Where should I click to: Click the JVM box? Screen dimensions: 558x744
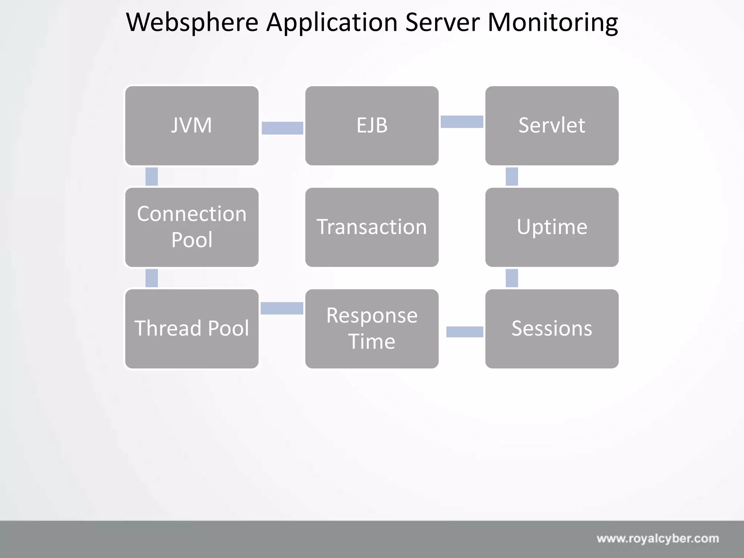click(x=191, y=126)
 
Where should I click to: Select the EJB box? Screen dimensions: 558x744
click(x=372, y=126)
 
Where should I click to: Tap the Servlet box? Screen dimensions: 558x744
click(x=551, y=126)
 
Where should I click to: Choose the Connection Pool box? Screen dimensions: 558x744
click(x=191, y=227)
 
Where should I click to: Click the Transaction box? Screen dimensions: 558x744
click(x=372, y=227)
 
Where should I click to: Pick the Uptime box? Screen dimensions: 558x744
click(x=551, y=227)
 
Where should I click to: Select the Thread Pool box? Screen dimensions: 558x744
click(x=191, y=328)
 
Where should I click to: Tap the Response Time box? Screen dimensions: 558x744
click(x=372, y=328)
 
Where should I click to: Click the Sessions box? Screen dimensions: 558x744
click(x=551, y=328)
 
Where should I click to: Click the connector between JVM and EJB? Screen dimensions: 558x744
click(x=282, y=128)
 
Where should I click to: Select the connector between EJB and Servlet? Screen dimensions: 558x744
click(x=462, y=122)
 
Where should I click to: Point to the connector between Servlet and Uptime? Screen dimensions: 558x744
click(x=511, y=177)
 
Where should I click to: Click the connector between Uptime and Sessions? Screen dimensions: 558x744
click(x=511, y=278)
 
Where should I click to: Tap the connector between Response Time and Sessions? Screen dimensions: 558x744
click(x=465, y=332)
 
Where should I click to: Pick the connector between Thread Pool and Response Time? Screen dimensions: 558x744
click(x=282, y=308)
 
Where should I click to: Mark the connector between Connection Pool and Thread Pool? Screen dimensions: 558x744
click(x=151, y=278)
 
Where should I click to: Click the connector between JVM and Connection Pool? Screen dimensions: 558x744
click(x=151, y=177)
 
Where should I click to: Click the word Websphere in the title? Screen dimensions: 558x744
click(x=192, y=23)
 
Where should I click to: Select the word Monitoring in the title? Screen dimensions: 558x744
click(x=552, y=23)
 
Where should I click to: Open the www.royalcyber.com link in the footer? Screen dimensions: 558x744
click(x=658, y=538)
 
